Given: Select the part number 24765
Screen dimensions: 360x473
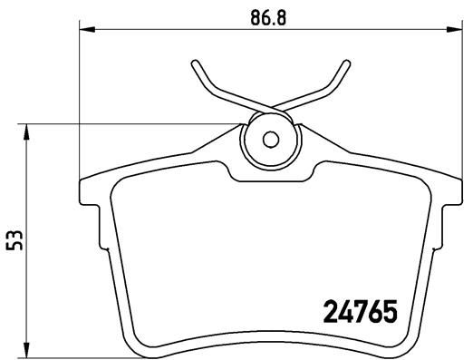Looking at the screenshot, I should click(x=361, y=313).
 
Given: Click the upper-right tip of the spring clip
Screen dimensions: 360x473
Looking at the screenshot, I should click(x=344, y=63).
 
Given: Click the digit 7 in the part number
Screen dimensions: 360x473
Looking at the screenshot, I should click(x=361, y=313).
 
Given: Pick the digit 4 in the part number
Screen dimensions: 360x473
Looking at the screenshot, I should click(x=346, y=313).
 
